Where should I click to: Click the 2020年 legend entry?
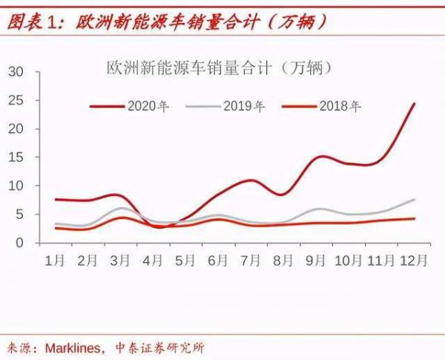click(x=148, y=106)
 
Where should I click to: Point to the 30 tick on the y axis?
click(x=16, y=71)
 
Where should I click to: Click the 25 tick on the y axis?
click(x=16, y=100)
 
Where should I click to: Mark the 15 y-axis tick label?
click(x=16, y=157)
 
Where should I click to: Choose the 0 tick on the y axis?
click(x=20, y=243)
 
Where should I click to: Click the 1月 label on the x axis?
click(x=54, y=261)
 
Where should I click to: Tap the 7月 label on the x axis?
click(x=251, y=261)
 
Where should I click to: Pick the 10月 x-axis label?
click(x=348, y=261)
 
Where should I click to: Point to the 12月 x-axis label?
click(x=412, y=261)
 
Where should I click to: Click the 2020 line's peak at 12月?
click(x=414, y=103)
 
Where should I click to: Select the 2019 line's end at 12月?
click(x=414, y=199)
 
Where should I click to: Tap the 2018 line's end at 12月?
click(x=414, y=218)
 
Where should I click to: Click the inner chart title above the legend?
click(x=219, y=69)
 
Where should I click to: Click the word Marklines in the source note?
click(x=73, y=347)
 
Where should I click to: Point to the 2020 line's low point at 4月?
click(x=159, y=227)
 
